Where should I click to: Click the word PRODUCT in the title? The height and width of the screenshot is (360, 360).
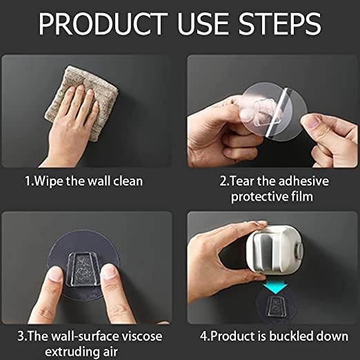coord(103,24)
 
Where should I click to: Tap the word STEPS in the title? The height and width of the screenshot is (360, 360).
coord(279,24)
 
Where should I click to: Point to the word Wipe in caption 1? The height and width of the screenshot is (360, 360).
coord(49,181)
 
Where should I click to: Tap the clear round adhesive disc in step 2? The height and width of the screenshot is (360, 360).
coord(274,112)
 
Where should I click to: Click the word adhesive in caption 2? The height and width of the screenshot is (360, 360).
coord(303,181)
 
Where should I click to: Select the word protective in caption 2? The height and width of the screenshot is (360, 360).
coord(259,197)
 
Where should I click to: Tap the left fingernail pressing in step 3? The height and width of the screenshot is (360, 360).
coord(55,274)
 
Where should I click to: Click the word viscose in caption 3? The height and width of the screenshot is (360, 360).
coord(142,337)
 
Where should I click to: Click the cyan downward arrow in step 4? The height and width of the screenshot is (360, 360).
coord(275,288)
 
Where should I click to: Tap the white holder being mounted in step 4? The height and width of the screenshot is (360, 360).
coord(274,249)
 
